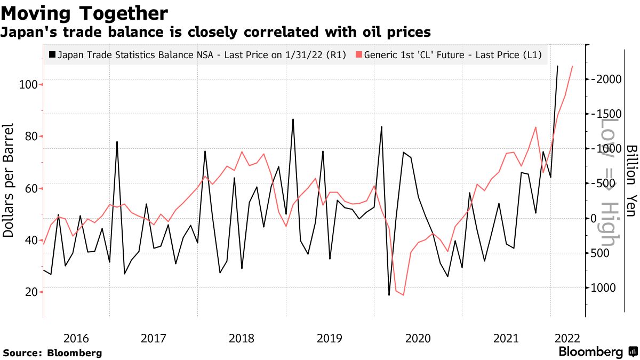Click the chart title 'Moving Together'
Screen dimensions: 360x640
[85, 13]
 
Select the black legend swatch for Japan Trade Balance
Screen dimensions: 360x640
[52, 54]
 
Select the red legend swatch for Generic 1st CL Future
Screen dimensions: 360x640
[358, 54]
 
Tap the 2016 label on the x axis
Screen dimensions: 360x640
[76, 338]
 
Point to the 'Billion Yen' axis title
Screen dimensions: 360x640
[631, 180]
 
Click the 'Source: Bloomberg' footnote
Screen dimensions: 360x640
[52, 353]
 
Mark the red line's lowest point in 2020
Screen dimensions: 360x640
[403, 295]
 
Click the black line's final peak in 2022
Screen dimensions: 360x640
[557, 66]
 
